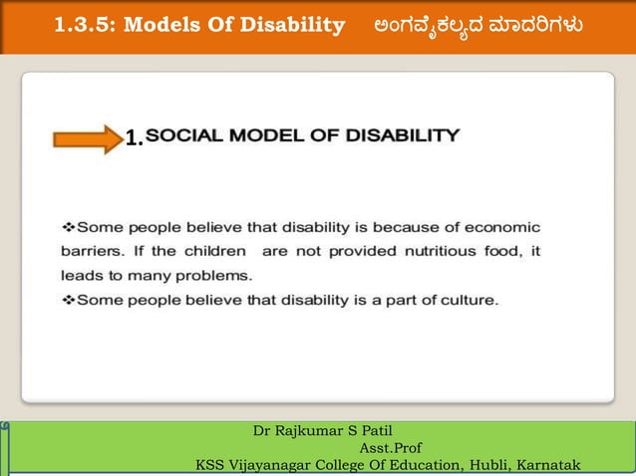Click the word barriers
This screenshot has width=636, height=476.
click(92, 251)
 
